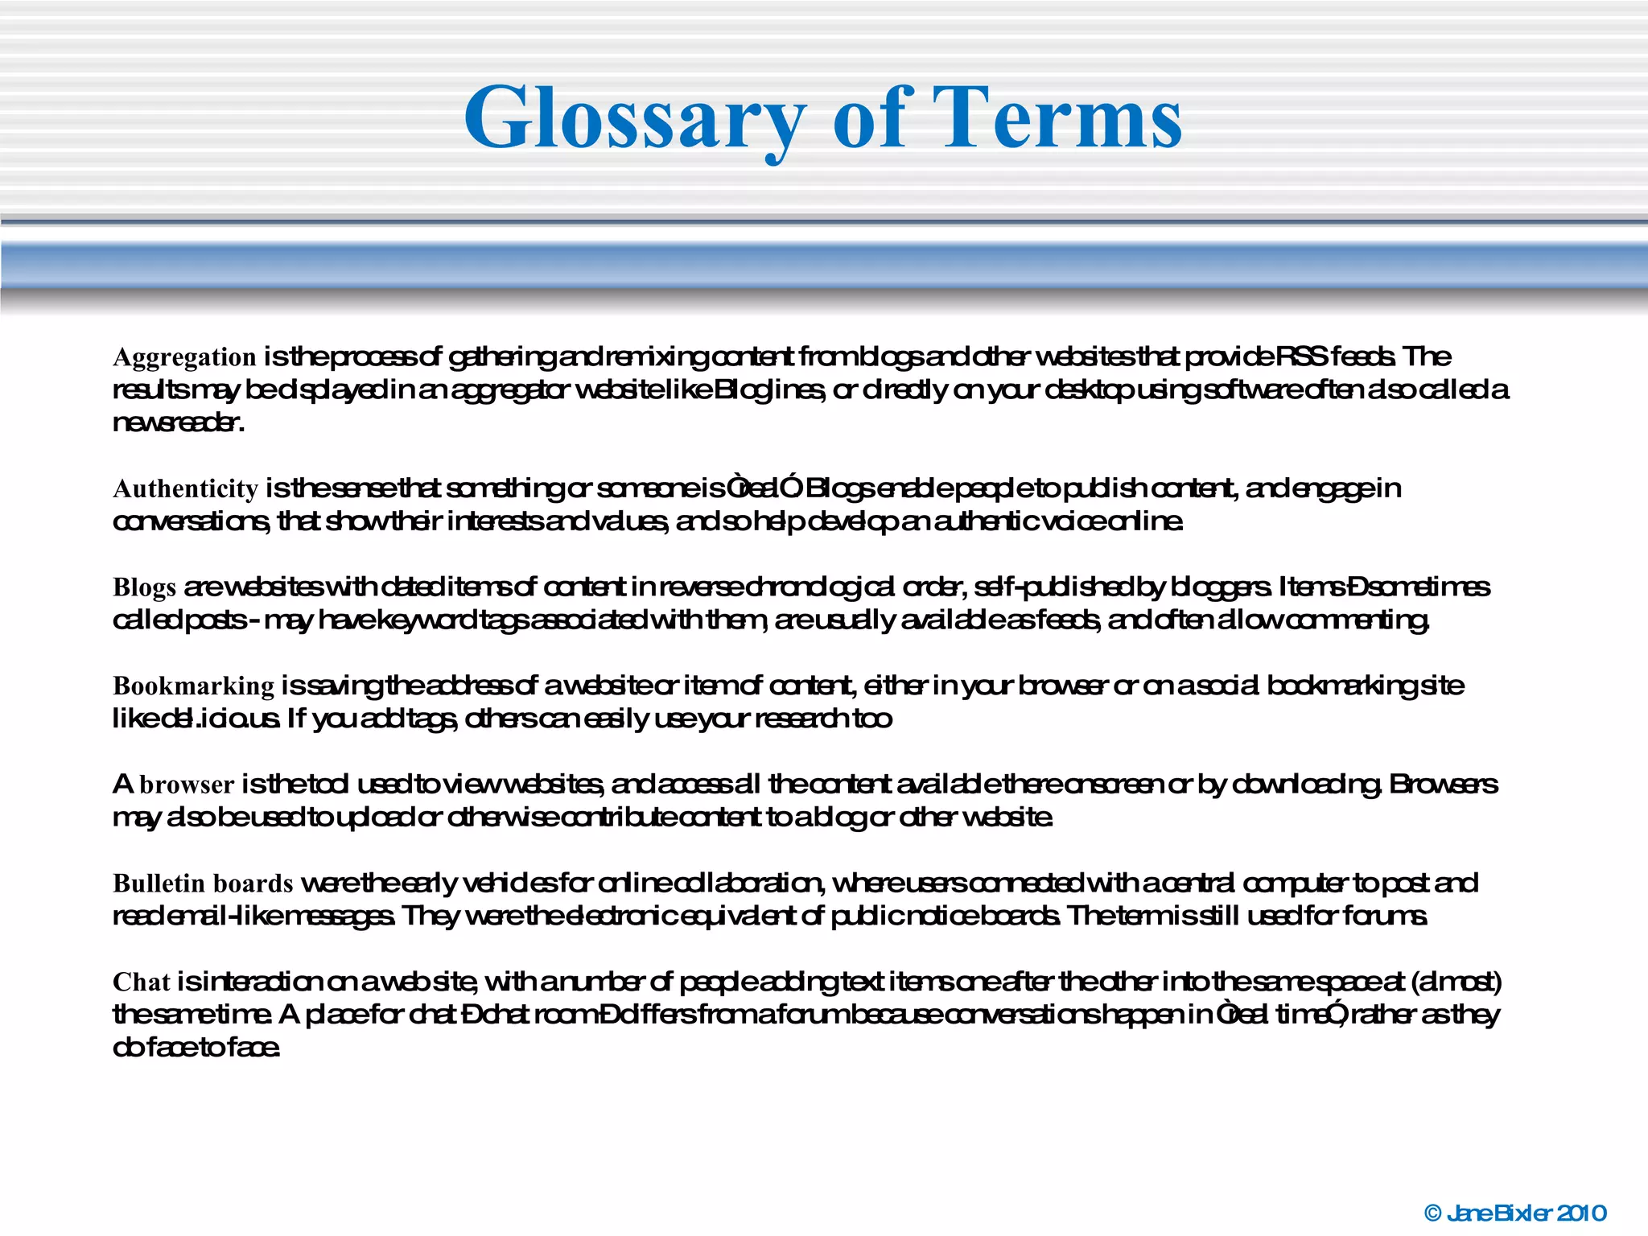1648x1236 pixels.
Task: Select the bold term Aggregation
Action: [184, 356]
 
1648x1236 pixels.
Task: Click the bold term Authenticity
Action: [185, 488]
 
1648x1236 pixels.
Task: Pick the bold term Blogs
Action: [144, 587]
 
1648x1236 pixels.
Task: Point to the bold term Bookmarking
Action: [193, 686]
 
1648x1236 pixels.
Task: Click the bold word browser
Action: [187, 785]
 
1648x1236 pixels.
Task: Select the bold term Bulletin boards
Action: [203, 884]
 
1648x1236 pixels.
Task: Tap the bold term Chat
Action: [142, 982]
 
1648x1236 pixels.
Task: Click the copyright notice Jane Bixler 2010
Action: [1526, 1213]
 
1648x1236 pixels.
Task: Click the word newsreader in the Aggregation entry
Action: [178, 422]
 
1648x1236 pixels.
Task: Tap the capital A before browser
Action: [122, 784]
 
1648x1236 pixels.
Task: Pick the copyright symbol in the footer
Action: [1432, 1213]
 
